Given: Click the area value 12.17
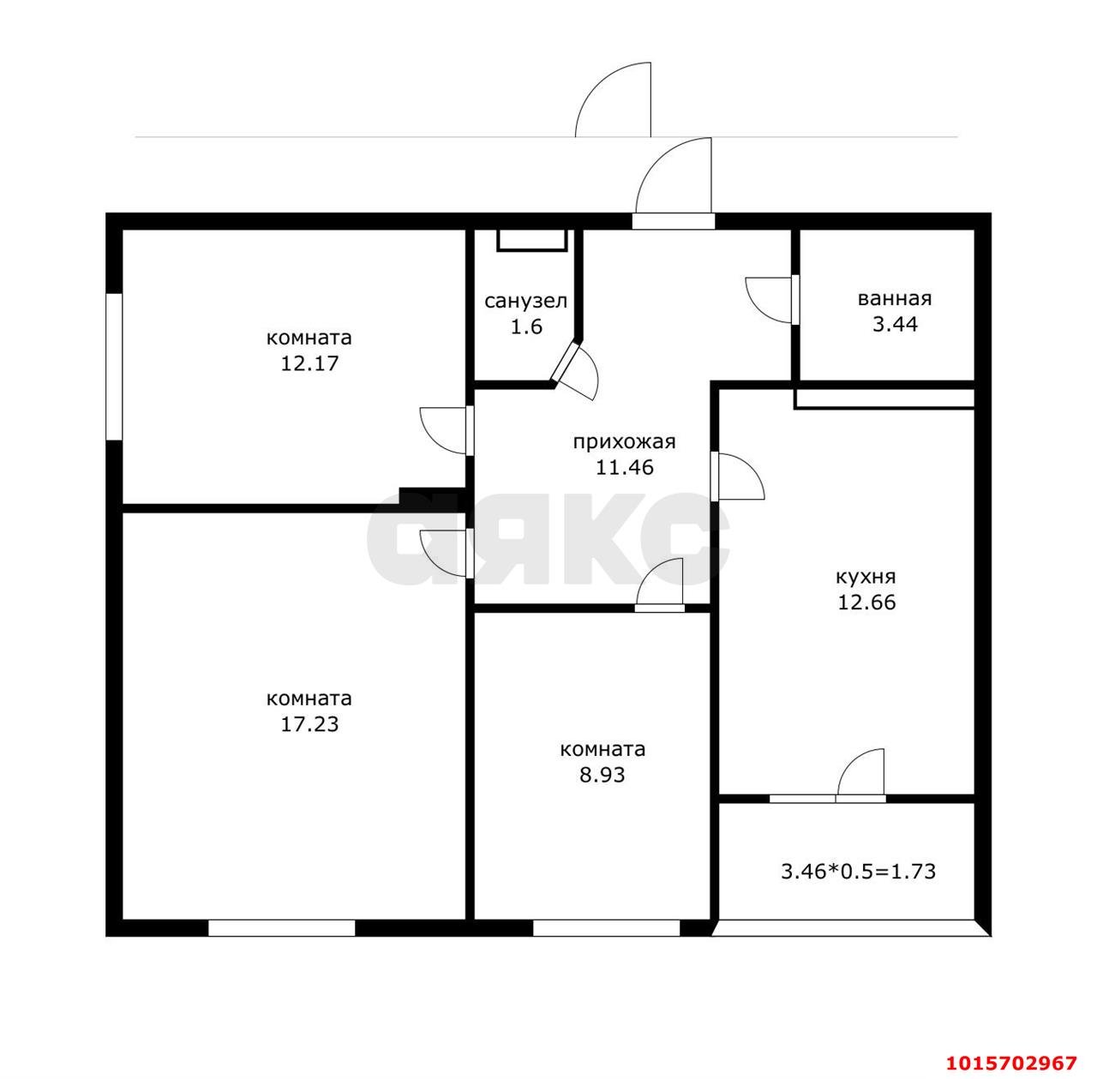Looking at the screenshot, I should [x=309, y=363].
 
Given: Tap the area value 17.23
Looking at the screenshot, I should [x=309, y=725].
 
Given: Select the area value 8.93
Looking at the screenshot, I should [x=602, y=776].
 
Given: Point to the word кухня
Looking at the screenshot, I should [x=866, y=576].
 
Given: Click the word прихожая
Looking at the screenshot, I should [x=625, y=442].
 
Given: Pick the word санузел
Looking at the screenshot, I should [x=526, y=302].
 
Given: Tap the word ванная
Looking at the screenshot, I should [x=895, y=299].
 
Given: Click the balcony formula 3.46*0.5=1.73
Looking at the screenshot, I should [x=858, y=872].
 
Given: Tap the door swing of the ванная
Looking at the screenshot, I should [x=770, y=299].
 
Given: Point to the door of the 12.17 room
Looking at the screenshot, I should [x=446, y=429].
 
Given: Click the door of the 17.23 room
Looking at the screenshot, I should [x=446, y=553].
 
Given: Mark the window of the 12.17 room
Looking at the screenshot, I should [x=113, y=367].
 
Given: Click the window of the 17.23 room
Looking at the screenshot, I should [x=281, y=928].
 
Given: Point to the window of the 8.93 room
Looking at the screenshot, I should [x=606, y=928].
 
